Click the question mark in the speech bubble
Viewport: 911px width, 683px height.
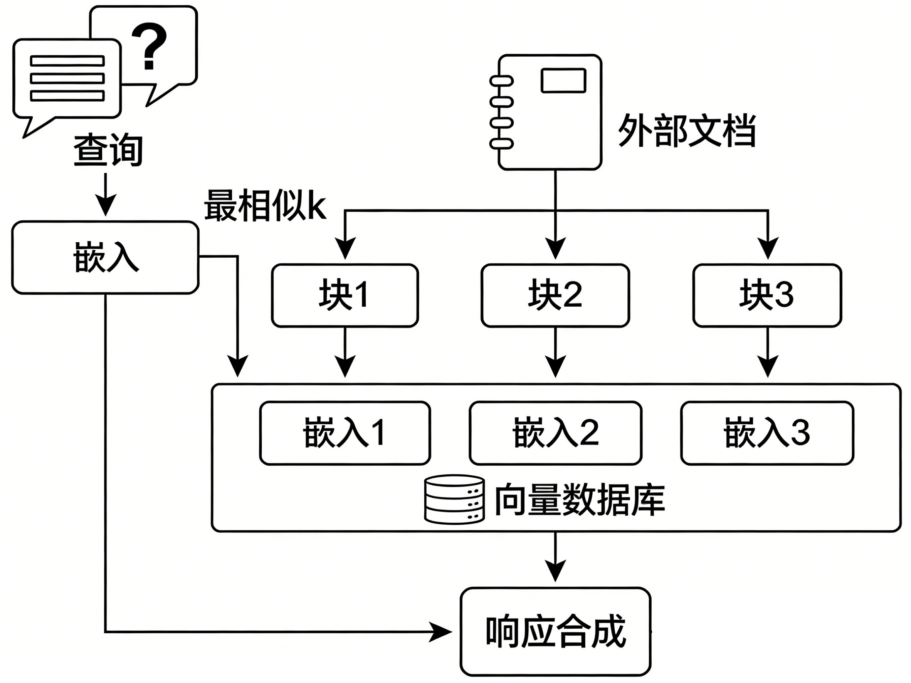point(149,46)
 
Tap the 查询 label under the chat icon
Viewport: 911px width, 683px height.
point(108,150)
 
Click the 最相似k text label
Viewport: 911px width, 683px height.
point(265,205)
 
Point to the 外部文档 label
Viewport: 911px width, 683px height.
point(687,131)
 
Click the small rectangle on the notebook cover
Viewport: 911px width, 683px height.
point(563,80)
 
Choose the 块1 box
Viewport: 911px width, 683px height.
point(345,295)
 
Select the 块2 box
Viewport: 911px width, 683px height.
point(555,295)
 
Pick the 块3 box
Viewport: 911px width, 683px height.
point(767,295)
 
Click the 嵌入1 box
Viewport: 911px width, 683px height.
point(345,433)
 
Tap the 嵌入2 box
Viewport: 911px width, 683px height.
point(556,433)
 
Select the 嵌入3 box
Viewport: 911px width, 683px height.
point(767,433)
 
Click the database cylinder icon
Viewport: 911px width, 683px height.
point(454,500)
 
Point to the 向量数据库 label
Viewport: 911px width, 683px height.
point(580,500)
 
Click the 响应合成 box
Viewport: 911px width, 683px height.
point(556,631)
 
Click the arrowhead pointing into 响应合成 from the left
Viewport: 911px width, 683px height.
point(441,631)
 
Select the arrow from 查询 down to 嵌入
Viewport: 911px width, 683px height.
point(106,194)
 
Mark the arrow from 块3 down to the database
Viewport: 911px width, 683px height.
point(767,352)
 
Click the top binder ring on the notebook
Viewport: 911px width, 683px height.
point(501,81)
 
